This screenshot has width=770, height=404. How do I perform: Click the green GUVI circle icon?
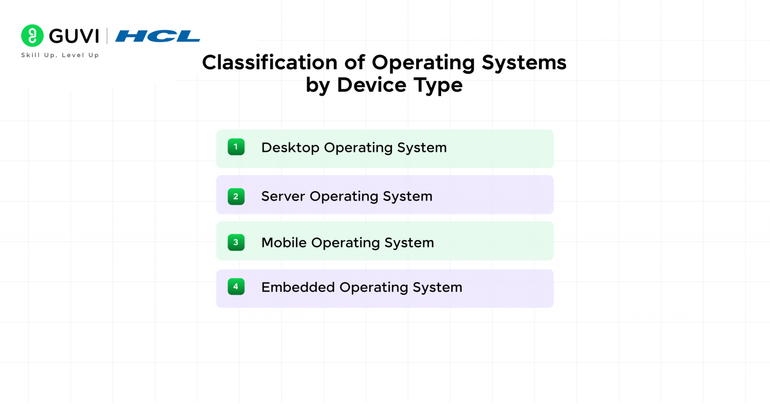click(33, 36)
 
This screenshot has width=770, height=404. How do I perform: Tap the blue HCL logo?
click(157, 36)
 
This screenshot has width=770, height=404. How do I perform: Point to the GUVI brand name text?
click(74, 36)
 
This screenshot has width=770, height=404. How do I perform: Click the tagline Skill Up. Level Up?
click(60, 55)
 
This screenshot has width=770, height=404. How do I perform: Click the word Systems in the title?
click(524, 63)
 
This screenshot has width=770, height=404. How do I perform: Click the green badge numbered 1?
click(236, 147)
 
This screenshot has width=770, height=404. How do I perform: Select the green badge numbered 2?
click(236, 196)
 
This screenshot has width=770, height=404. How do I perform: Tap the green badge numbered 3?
click(236, 243)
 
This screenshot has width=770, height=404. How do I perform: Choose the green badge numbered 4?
click(236, 287)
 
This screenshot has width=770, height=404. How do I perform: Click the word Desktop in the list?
click(290, 147)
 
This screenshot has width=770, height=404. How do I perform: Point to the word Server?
click(283, 196)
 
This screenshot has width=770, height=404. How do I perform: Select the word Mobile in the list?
click(284, 243)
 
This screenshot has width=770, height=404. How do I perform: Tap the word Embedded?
click(298, 287)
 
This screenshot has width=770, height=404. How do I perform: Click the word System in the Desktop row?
click(422, 148)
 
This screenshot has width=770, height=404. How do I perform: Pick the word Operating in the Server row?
click(344, 196)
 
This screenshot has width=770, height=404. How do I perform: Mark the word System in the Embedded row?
click(437, 288)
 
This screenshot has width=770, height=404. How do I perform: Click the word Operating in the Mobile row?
click(345, 243)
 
